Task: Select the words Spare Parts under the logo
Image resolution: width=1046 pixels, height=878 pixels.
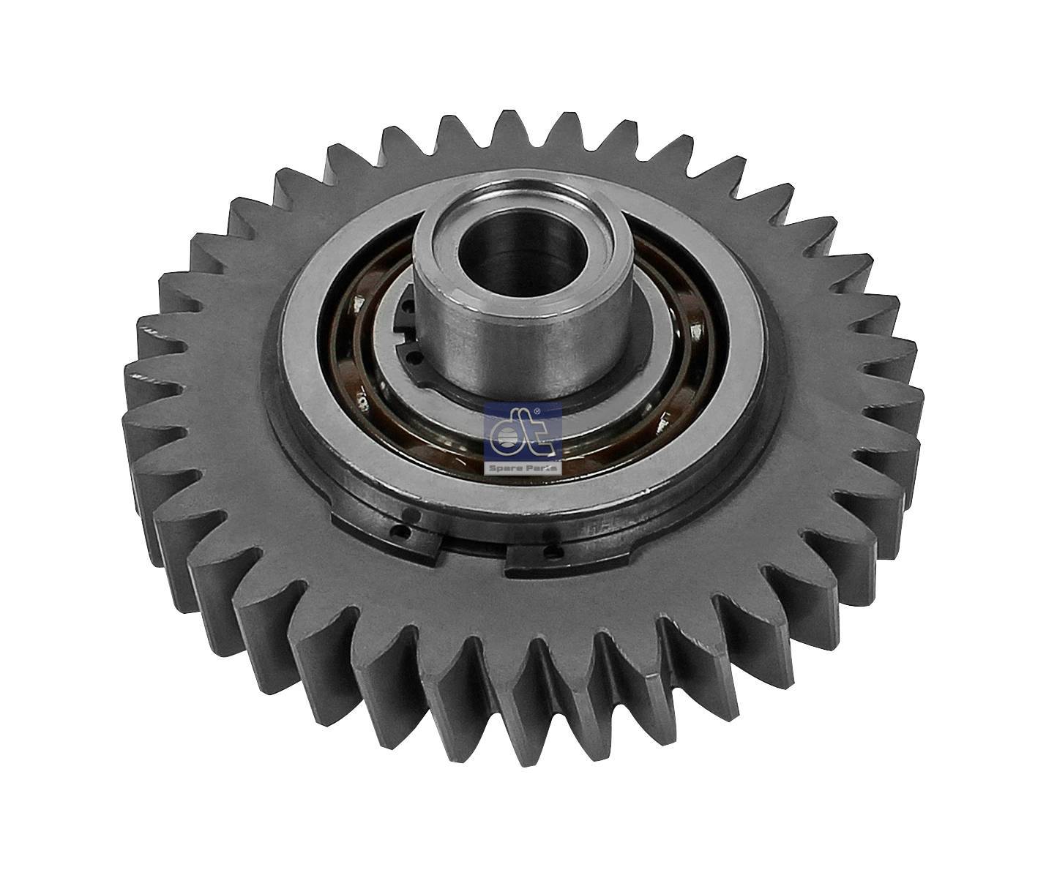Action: coord(523,467)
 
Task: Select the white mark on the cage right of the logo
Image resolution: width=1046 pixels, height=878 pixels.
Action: coord(664,419)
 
